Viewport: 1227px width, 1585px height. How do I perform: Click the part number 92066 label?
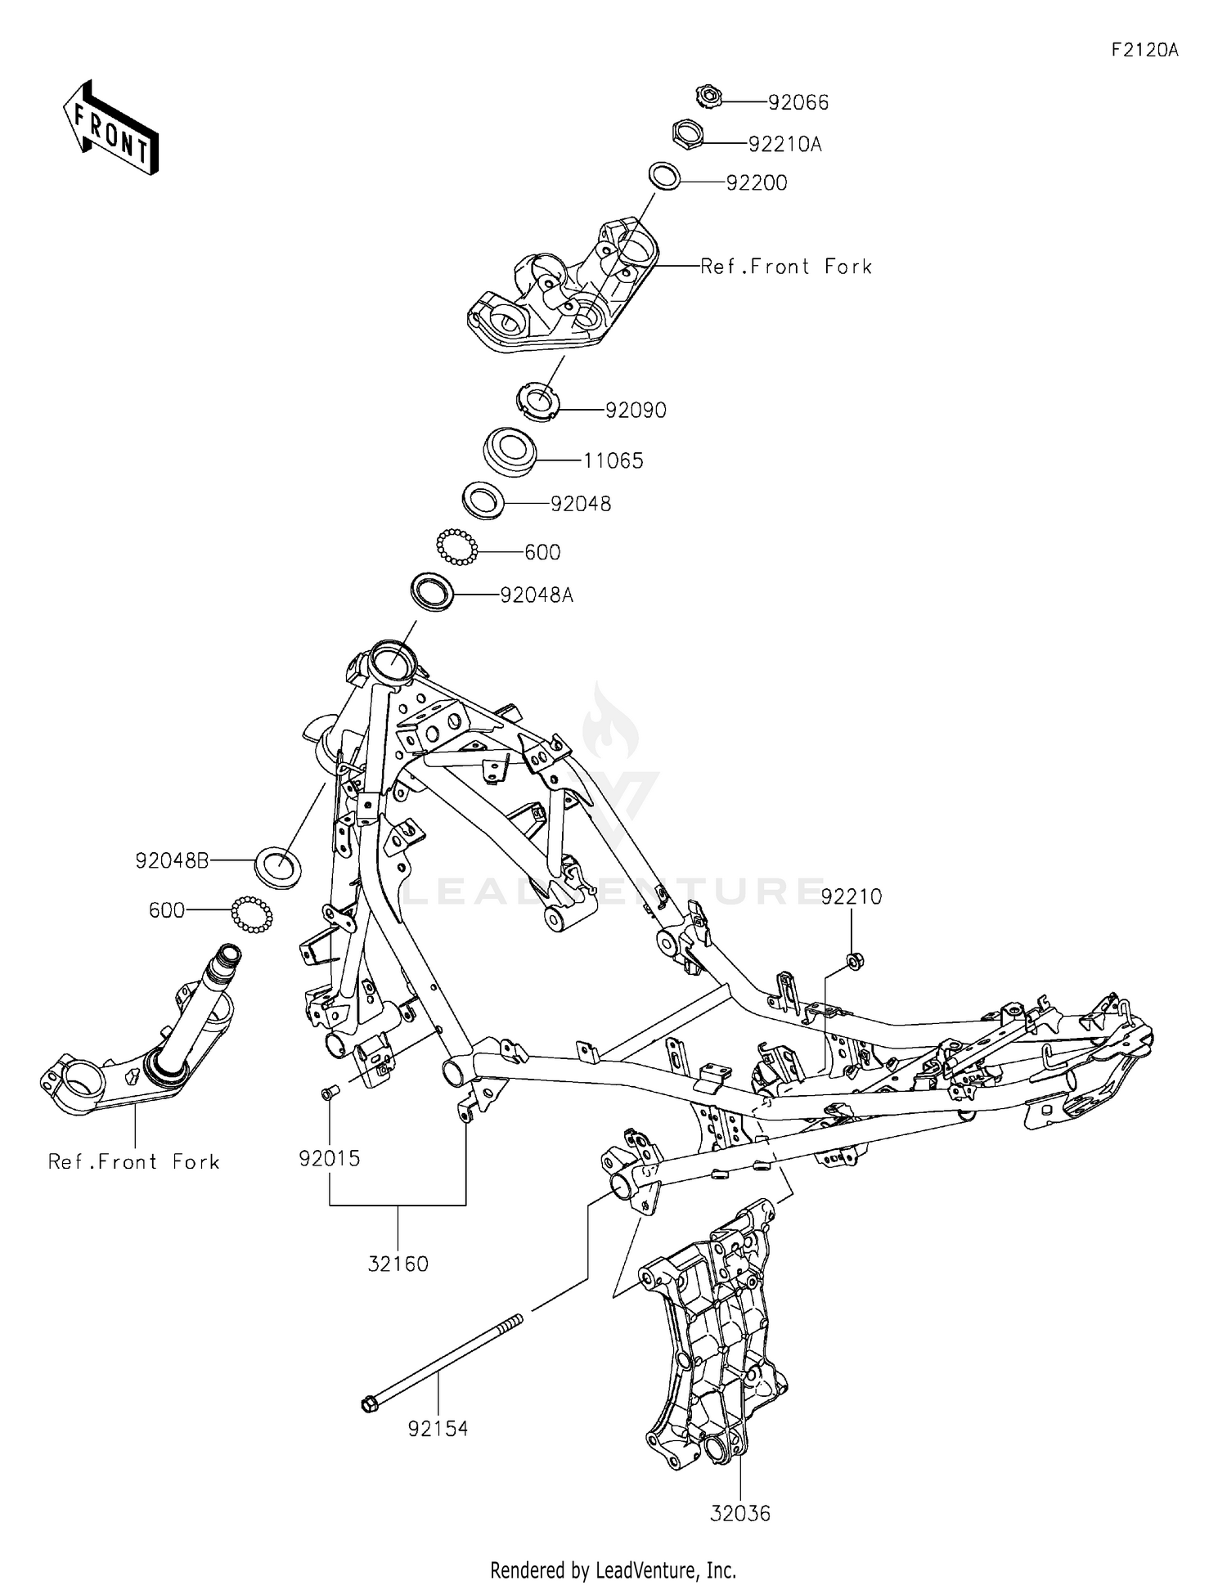798,102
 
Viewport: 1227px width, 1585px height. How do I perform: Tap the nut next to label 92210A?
688,133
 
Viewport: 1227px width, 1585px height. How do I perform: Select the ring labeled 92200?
665,177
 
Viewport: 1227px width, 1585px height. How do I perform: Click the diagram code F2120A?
1144,50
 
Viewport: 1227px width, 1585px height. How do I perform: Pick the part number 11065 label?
613,460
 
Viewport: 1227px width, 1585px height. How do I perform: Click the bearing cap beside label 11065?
510,451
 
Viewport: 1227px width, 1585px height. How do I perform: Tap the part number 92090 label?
636,410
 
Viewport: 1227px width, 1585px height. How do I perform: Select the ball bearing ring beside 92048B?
251,914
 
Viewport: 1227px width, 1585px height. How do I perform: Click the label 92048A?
537,595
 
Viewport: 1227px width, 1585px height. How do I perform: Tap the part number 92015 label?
330,1158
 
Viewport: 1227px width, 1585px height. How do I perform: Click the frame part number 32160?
398,1264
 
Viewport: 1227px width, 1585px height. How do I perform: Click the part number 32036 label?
739,1513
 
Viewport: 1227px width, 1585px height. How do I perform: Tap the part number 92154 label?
438,1429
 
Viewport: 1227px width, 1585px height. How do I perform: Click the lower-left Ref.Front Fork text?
134,1161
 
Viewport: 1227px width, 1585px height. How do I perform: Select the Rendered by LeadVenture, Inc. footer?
613,1569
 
